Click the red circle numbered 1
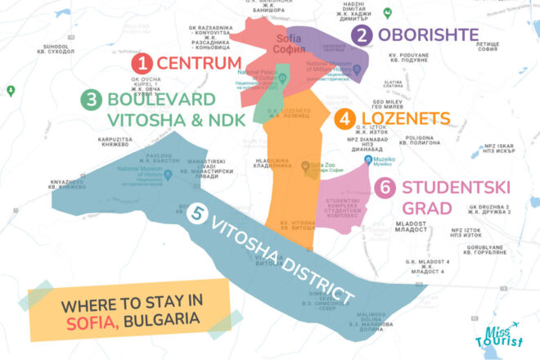pos(142,62)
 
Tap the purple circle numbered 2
pos(362,34)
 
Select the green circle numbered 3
pos(92,100)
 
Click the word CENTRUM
pos(198,62)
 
